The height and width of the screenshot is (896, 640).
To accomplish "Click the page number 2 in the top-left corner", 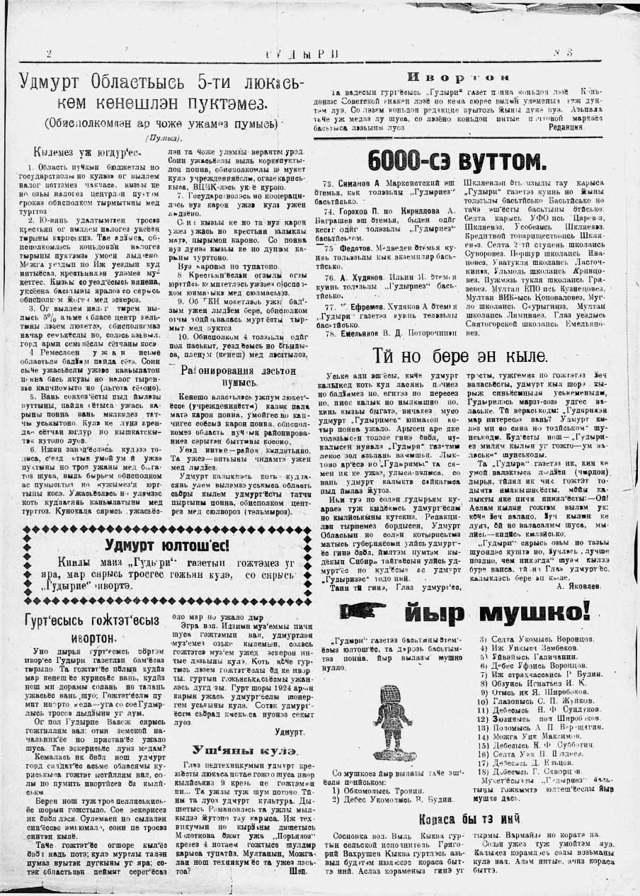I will (x=48, y=55).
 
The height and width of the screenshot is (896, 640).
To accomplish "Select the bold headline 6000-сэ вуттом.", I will (x=457, y=159).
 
